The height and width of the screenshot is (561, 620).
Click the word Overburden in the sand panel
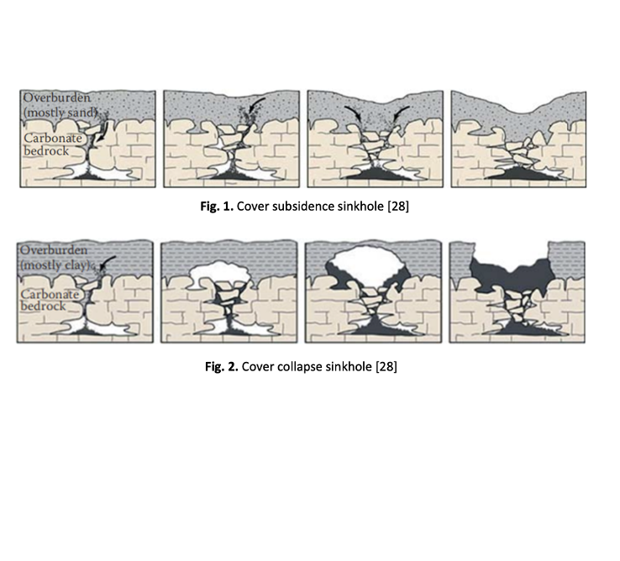point(57,97)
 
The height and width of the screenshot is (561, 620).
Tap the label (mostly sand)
point(60,113)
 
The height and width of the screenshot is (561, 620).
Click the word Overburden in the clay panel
point(54,250)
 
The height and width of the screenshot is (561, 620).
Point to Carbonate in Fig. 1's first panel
point(53,138)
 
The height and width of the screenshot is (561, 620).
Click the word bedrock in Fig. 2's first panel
point(43,306)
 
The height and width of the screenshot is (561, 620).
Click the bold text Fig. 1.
point(217,207)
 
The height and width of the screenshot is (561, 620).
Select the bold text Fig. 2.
point(222,367)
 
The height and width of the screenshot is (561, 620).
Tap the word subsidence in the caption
point(303,207)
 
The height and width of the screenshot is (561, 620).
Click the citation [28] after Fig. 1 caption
point(398,207)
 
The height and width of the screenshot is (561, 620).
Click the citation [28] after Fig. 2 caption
point(386,367)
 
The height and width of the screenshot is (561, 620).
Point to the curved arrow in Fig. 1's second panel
point(255,104)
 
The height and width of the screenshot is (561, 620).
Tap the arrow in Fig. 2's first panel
point(108,261)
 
